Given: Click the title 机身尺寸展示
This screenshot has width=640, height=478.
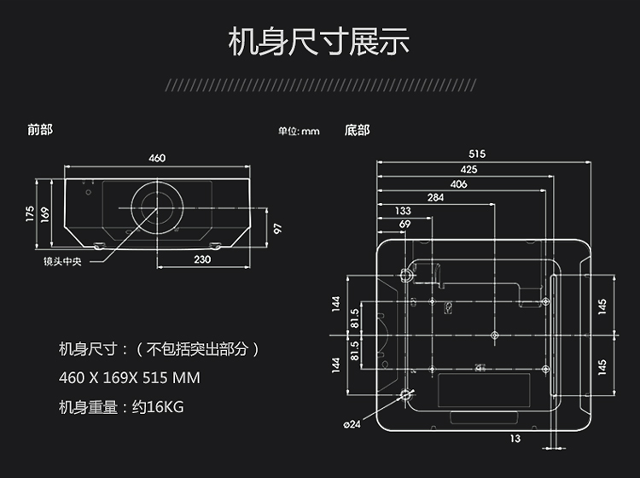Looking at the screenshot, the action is [x=319, y=41].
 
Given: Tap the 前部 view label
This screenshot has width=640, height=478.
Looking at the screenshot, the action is [x=40, y=130].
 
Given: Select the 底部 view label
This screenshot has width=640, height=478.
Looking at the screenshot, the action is [x=358, y=131].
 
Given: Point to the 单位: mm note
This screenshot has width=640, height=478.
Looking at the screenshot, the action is [x=299, y=131].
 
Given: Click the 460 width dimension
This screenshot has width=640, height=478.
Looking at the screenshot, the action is [x=157, y=158].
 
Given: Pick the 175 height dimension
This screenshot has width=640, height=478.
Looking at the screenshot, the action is [x=29, y=214].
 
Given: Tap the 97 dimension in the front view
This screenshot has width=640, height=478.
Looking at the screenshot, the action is [x=277, y=228].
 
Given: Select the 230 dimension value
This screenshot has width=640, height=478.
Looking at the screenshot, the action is [x=202, y=259].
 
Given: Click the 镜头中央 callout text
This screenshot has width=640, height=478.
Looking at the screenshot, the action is [x=62, y=261].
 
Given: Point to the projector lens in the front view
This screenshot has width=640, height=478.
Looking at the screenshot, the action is [x=157, y=207].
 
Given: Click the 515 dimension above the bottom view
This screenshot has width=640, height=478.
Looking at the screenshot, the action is [x=477, y=154].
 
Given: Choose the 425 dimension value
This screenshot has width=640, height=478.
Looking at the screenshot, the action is [x=468, y=169].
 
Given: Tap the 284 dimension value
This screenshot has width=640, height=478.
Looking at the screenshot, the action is [x=435, y=197].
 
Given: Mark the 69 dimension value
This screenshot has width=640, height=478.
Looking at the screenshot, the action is [x=404, y=224].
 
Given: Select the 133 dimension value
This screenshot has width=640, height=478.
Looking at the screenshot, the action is [x=403, y=211].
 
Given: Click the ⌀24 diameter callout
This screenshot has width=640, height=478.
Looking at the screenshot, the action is [x=352, y=424].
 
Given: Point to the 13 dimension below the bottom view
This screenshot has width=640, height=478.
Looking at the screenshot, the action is [x=515, y=439].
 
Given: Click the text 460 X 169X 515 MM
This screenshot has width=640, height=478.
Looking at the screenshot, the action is [x=130, y=377].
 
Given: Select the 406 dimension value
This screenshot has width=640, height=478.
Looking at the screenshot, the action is [x=458, y=184].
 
